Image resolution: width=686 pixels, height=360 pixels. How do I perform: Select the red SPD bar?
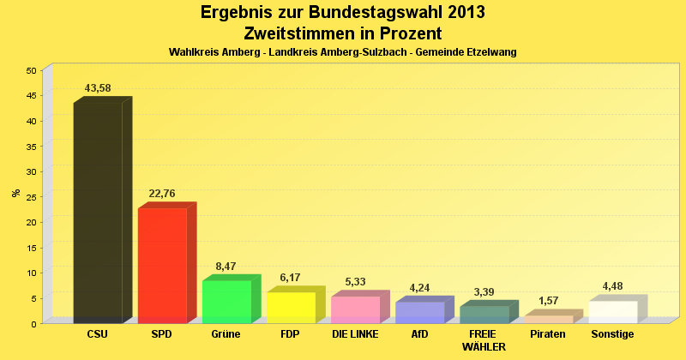point(162,265)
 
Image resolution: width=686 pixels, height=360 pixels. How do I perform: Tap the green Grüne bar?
point(226,301)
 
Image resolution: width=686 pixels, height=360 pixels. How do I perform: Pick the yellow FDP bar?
point(291,307)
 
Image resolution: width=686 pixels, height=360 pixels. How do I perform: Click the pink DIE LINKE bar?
point(355,309)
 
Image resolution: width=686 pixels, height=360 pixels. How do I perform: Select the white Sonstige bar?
point(612,311)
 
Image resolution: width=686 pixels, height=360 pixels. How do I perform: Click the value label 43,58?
point(98,88)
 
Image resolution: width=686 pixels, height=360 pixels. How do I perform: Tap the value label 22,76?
point(162,194)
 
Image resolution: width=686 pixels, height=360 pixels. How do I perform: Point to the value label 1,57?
point(548,301)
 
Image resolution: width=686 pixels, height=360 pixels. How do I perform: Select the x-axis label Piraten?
point(548,333)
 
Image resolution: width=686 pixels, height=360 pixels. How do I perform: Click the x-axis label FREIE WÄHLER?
point(484,340)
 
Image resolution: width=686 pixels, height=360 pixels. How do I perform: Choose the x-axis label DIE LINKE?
point(355,333)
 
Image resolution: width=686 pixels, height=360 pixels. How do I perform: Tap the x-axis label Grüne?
point(226,333)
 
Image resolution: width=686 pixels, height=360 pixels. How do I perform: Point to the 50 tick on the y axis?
point(32,70)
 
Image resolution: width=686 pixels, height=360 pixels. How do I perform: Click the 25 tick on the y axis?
point(32,197)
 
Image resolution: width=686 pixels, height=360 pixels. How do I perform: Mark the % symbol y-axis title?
point(15,193)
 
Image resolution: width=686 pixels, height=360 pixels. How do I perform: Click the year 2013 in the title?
point(461,13)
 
